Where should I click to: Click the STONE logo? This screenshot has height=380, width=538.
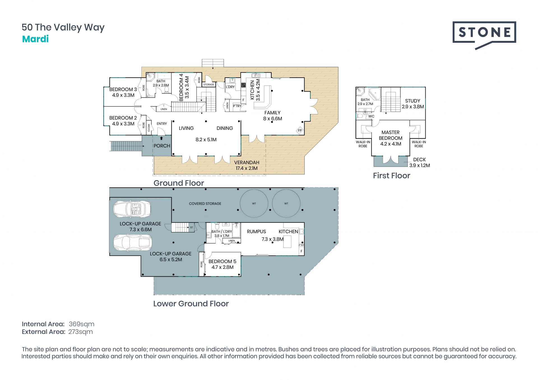[x=484, y=35]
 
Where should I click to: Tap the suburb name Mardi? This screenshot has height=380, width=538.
[x=35, y=39]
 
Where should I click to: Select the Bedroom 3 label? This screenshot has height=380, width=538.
[x=123, y=89]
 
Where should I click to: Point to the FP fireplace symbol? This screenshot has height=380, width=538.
[x=300, y=131]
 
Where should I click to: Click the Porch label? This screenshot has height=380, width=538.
[x=162, y=146]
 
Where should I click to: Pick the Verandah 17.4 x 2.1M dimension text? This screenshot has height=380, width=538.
[x=247, y=168]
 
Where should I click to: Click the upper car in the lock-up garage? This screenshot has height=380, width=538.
[x=132, y=209]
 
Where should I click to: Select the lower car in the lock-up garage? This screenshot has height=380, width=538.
[x=132, y=242]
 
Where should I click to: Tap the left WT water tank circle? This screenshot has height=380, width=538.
[x=254, y=203]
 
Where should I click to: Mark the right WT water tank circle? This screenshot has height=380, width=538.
[x=286, y=203]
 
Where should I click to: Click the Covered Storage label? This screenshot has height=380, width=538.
[x=205, y=204]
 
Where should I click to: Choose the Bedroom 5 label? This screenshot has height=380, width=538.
[x=222, y=261]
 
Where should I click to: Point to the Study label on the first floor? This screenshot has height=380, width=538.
[x=412, y=101]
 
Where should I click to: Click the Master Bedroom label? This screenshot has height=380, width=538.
[x=391, y=135]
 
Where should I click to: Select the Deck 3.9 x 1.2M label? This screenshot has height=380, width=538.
[x=419, y=163]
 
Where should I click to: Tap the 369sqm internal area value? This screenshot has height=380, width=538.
[x=82, y=324]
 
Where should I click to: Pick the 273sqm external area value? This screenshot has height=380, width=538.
[x=80, y=332]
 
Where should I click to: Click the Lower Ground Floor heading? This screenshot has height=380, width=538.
[x=191, y=303]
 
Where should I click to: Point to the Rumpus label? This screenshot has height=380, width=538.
[x=256, y=231]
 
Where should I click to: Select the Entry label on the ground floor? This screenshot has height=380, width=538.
[x=162, y=124]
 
